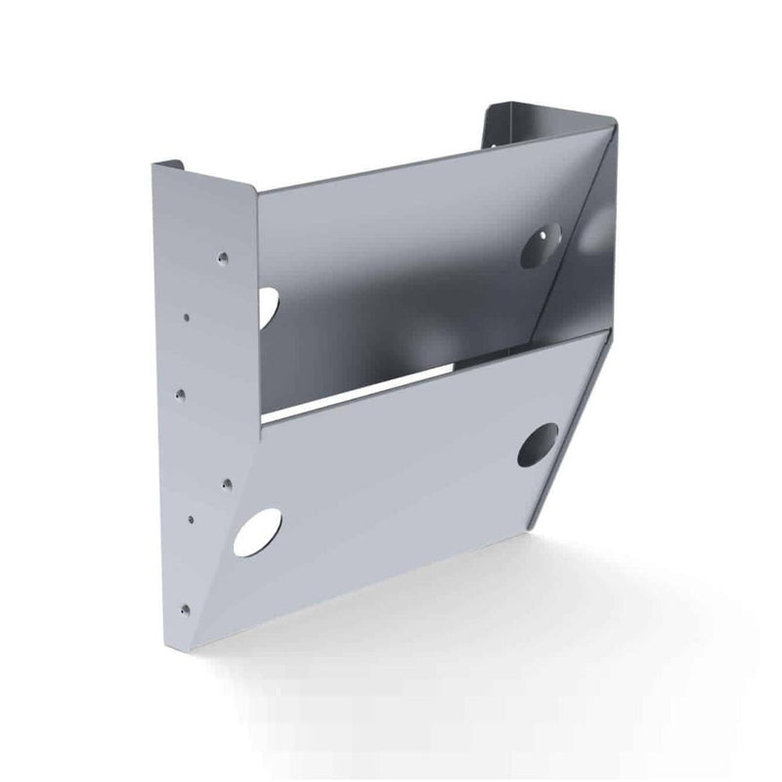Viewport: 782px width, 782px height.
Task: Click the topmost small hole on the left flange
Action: pyautogui.click(x=222, y=259)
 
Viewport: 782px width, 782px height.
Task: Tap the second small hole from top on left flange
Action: pyautogui.click(x=187, y=316)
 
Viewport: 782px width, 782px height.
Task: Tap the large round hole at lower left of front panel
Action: pyautogui.click(x=261, y=529)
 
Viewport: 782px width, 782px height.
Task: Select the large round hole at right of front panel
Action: pyautogui.click(x=538, y=445)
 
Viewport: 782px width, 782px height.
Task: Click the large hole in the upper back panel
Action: pyautogui.click(x=544, y=240)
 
